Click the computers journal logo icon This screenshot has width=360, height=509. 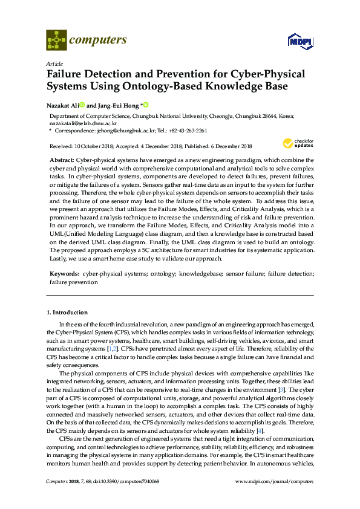point(56,41)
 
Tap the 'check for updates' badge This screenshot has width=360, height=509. point(296,143)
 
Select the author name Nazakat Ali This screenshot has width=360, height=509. point(62,105)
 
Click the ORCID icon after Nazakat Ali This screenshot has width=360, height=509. point(82,105)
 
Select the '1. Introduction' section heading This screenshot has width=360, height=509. point(67,313)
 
